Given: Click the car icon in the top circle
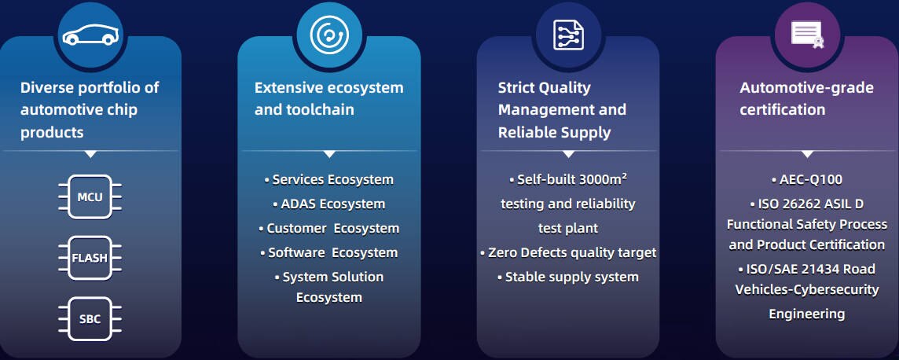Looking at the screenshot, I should click(x=90, y=35).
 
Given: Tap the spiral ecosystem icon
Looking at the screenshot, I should click(x=328, y=35).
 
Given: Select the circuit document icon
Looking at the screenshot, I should click(x=568, y=35).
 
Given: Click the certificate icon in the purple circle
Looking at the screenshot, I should click(x=807, y=35).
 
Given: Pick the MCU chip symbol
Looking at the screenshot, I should click(x=90, y=197).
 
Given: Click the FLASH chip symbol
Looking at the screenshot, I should click(x=90, y=258).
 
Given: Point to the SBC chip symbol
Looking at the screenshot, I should click(x=90, y=319).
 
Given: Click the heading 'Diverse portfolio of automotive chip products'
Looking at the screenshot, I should click(x=90, y=109).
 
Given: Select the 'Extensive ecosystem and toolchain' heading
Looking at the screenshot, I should click(x=328, y=98).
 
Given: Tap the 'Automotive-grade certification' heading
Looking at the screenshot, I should click(x=806, y=98).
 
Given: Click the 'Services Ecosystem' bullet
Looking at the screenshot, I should click(x=329, y=179).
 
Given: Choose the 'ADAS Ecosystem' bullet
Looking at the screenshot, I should click(x=329, y=204).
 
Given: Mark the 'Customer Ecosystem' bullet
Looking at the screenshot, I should click(x=329, y=228).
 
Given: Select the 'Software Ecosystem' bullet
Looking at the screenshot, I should click(x=329, y=252).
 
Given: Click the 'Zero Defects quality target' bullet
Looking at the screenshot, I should click(x=568, y=252).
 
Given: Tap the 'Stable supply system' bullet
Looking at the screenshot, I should click(x=568, y=277).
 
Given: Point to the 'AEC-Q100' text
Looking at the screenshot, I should click(x=807, y=179).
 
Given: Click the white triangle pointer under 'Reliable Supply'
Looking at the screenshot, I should click(x=568, y=154).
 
